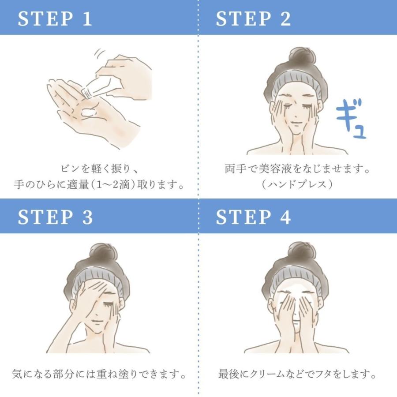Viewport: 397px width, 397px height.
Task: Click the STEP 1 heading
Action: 55,19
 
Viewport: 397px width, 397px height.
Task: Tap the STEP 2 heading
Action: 253,19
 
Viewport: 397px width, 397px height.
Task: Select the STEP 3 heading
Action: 55,217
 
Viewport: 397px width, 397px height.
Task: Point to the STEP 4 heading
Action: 253,217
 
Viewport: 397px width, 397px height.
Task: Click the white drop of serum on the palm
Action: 88,112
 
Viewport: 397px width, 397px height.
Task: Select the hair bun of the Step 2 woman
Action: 303,56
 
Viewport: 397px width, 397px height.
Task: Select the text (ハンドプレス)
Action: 296,184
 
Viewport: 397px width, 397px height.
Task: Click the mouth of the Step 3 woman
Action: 97,322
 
